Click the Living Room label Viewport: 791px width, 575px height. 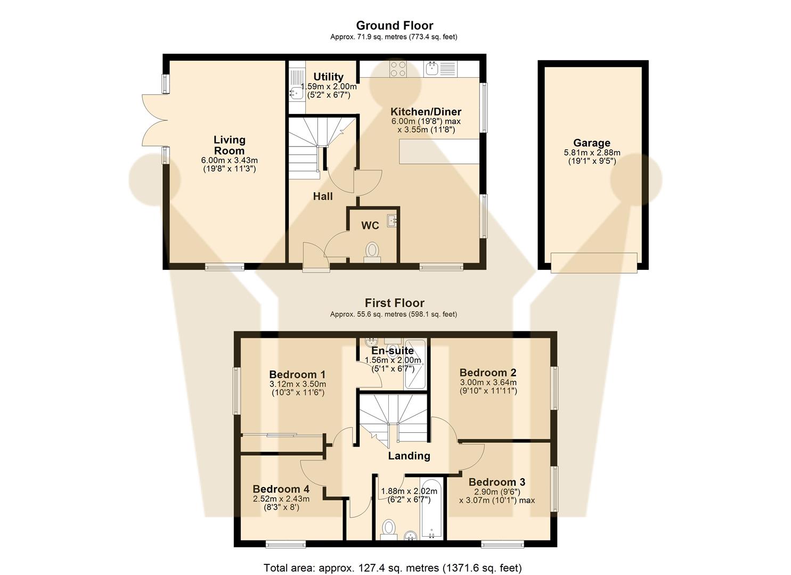point(229,145)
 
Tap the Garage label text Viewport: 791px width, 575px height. point(591,143)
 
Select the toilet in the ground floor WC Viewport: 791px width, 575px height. point(372,251)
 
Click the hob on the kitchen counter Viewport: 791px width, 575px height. point(398,69)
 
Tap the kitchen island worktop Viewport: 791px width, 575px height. point(438,151)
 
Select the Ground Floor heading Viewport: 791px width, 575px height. point(394,26)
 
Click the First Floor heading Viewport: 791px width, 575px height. point(394,303)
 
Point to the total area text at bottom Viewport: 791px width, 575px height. point(393,568)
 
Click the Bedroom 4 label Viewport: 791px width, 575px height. point(281,489)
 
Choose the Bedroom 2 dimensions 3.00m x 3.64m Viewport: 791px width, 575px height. point(488,382)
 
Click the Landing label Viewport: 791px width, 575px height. point(409,456)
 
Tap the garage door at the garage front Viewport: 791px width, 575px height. point(594,262)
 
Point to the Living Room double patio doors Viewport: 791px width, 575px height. point(153,120)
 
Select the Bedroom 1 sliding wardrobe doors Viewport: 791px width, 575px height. point(281,436)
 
